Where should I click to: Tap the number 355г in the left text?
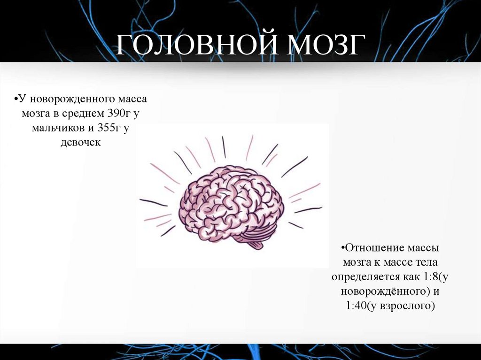[x=111, y=128]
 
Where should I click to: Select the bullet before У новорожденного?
[x=16, y=100]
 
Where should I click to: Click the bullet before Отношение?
[x=343, y=247]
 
